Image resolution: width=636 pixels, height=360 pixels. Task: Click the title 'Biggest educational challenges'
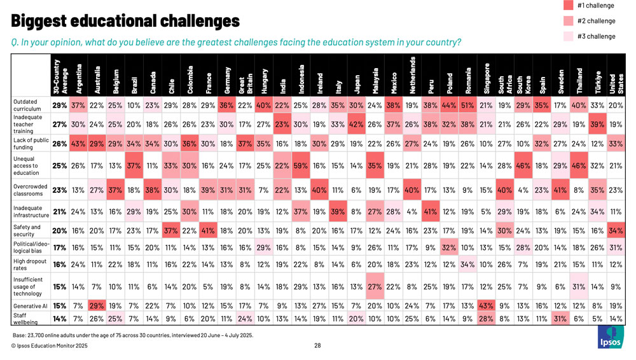[125, 21]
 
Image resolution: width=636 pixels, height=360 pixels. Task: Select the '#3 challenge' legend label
[596, 36]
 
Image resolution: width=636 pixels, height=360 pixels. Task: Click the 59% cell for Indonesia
[301, 167]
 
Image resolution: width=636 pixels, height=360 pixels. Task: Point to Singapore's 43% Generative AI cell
[487, 306]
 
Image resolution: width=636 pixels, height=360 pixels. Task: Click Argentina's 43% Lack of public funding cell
[78, 144]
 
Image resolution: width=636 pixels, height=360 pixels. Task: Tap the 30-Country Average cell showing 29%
[60, 105]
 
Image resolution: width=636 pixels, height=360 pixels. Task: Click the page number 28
[317, 345]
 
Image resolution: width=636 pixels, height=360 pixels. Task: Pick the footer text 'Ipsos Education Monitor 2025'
[49, 345]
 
